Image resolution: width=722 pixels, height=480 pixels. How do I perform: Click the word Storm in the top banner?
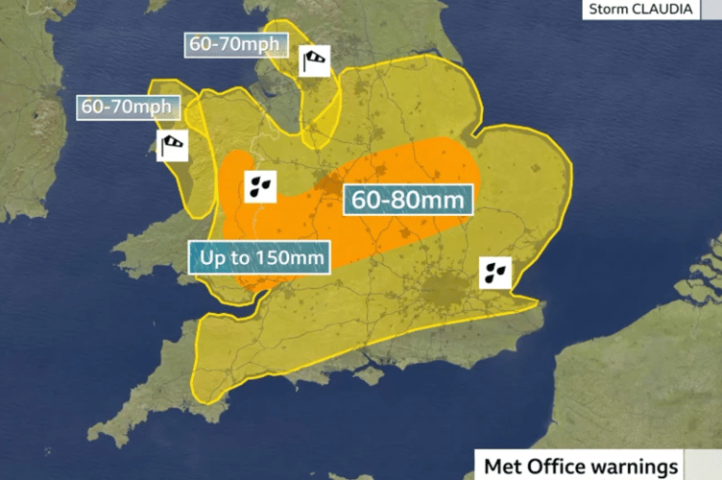pos(607,11)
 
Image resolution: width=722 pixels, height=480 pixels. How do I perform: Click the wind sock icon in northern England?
pos(314,60)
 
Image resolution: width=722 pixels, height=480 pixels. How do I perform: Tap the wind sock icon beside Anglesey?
pos(173,145)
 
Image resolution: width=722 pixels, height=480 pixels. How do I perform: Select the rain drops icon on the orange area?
pos(260,185)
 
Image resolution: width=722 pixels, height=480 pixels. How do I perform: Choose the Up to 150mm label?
pos(258,258)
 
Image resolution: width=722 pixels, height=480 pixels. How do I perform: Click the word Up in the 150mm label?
pos(211,258)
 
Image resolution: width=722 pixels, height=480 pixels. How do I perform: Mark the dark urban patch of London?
pos(444,289)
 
